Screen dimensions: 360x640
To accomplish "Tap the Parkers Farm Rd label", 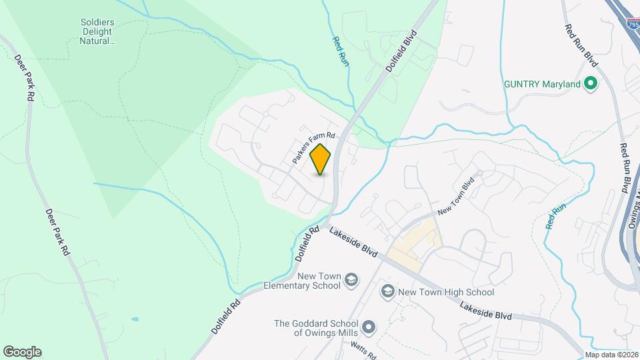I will point(313,147).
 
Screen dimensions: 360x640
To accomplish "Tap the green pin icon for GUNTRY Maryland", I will point(589,84).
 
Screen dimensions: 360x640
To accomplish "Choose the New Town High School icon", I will point(387,291).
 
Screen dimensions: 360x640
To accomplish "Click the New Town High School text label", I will point(445,292).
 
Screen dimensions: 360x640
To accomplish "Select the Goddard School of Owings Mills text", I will point(317,328).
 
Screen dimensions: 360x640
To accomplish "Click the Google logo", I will point(22,352).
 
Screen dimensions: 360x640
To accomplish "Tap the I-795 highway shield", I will point(633,24).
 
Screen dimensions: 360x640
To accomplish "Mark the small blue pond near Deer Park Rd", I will point(135,319).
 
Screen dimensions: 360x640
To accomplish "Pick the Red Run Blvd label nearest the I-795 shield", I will point(581,46).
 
